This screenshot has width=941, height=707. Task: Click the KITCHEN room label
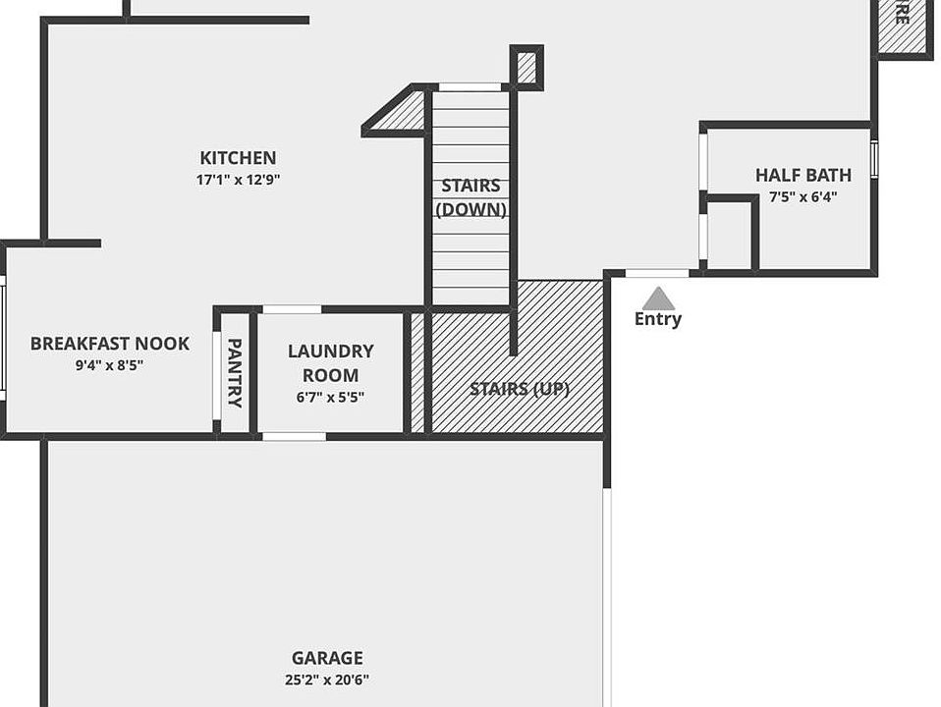click(x=238, y=158)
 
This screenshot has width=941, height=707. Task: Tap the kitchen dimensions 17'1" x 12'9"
click(x=238, y=180)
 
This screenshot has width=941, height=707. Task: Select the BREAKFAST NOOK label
click(x=109, y=344)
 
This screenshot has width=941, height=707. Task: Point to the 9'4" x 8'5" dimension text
click(x=108, y=365)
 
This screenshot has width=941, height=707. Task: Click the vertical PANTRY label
click(x=235, y=372)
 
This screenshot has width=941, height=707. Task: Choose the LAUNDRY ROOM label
click(x=330, y=362)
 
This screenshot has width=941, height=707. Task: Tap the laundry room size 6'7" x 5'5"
click(x=330, y=399)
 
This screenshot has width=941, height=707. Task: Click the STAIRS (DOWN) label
click(x=470, y=197)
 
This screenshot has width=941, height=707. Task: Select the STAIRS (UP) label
click(x=519, y=389)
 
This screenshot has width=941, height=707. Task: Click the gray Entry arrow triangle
click(x=658, y=299)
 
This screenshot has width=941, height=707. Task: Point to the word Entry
click(x=658, y=319)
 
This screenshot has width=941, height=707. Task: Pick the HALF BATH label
click(x=803, y=176)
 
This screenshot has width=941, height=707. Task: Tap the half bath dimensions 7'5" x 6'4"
click(x=803, y=196)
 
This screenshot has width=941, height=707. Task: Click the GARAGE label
click(x=327, y=658)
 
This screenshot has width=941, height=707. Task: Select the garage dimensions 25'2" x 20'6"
click(x=327, y=680)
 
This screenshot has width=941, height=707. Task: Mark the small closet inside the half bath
click(x=728, y=235)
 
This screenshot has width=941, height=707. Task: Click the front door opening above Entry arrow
click(x=657, y=273)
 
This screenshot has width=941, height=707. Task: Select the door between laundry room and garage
click(x=295, y=436)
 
